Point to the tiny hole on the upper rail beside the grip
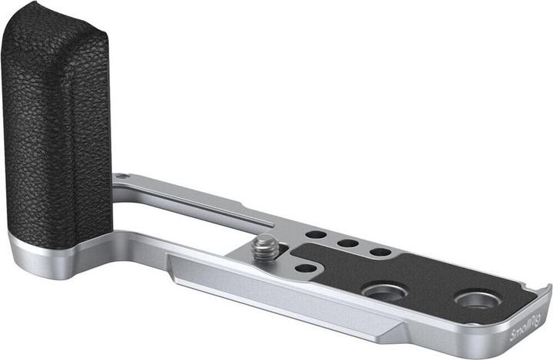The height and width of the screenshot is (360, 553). coord(121,176)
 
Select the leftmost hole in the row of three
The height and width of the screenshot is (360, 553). coord(316,234)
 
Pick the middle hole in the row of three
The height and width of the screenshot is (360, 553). coord(348,243)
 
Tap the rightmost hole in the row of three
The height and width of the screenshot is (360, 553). coord(380,252)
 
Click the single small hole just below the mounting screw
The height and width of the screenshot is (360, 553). coord(306,269)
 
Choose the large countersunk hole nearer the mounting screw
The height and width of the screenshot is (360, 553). coord(384,292)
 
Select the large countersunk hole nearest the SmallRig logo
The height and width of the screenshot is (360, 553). coord(478,300)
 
